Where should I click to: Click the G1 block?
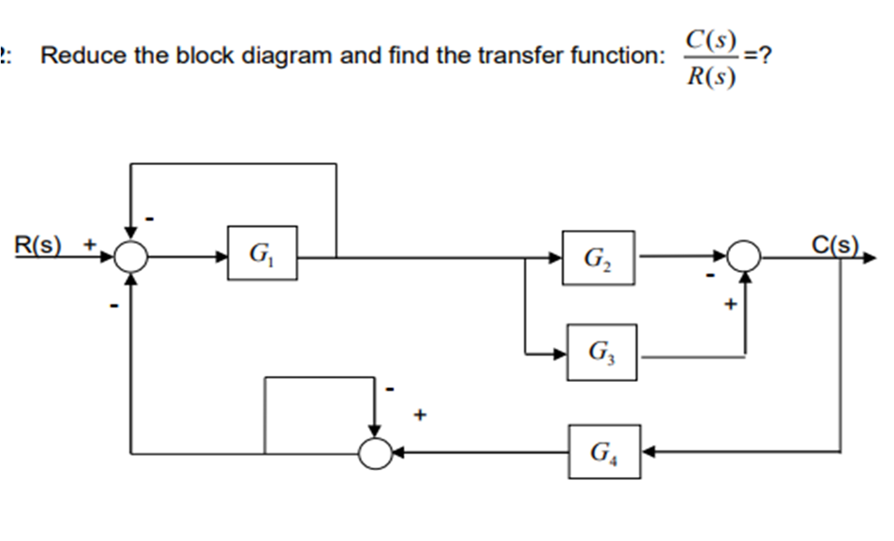262,253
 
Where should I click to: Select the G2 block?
598,258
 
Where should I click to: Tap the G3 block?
602,352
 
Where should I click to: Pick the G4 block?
604,452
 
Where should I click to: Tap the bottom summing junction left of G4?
376,453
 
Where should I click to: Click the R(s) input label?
38,244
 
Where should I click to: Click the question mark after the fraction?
765,57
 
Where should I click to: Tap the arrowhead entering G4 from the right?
648,452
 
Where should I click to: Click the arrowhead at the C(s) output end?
869,259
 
